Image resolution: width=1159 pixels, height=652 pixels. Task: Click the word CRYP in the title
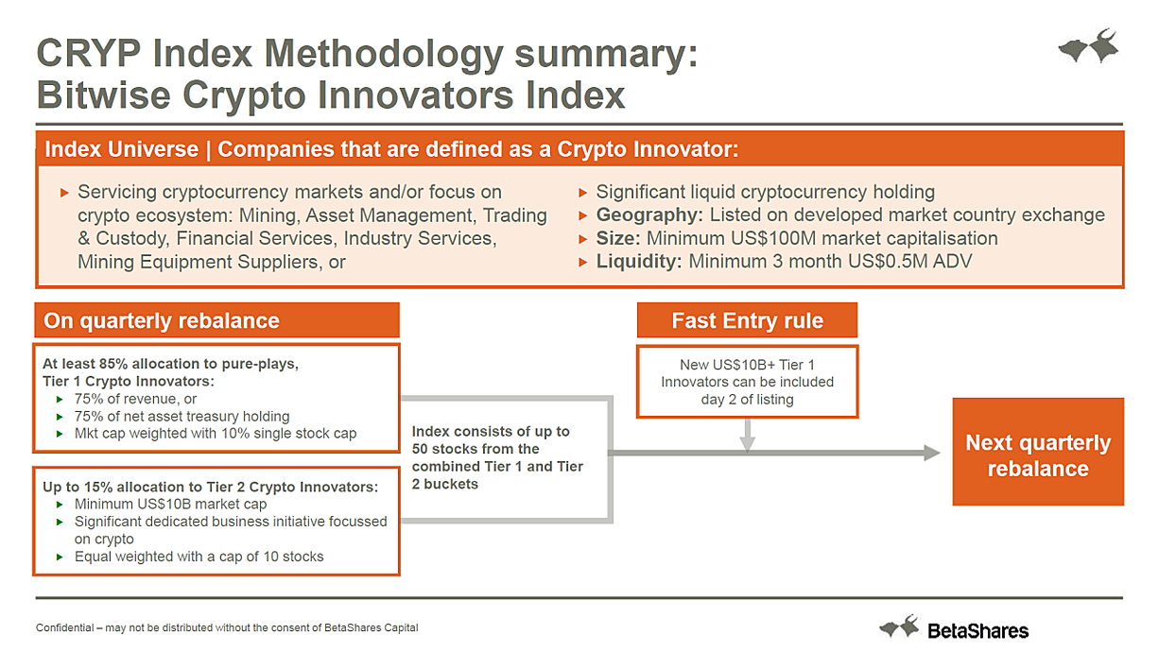point(89,53)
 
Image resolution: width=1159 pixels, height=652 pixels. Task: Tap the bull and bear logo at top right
point(1089,46)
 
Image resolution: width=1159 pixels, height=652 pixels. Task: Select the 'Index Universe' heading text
point(122,149)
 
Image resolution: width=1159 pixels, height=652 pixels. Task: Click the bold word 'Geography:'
point(649,214)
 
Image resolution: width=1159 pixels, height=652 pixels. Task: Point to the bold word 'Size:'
point(618,238)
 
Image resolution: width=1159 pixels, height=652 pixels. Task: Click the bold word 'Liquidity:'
point(638,262)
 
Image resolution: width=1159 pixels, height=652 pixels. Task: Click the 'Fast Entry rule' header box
point(747,320)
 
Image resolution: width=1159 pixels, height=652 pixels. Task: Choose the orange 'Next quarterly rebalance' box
point(1038,452)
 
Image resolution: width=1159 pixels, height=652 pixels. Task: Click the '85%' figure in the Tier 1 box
point(113,364)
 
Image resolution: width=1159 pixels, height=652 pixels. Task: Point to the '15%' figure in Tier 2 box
point(98,487)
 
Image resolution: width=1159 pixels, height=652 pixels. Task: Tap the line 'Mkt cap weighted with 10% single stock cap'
point(216,434)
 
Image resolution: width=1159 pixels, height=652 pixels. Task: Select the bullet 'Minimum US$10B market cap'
point(171,505)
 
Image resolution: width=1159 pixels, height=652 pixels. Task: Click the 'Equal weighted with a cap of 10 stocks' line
point(199,557)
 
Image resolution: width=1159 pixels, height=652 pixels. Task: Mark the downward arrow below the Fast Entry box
point(747,436)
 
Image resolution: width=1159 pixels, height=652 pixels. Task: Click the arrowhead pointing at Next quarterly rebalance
point(932,453)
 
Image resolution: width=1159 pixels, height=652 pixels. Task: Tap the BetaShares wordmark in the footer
point(977,631)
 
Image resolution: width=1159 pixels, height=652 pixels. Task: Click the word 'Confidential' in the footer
point(64,627)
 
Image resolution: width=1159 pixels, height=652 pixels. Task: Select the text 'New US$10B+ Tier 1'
point(747,365)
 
